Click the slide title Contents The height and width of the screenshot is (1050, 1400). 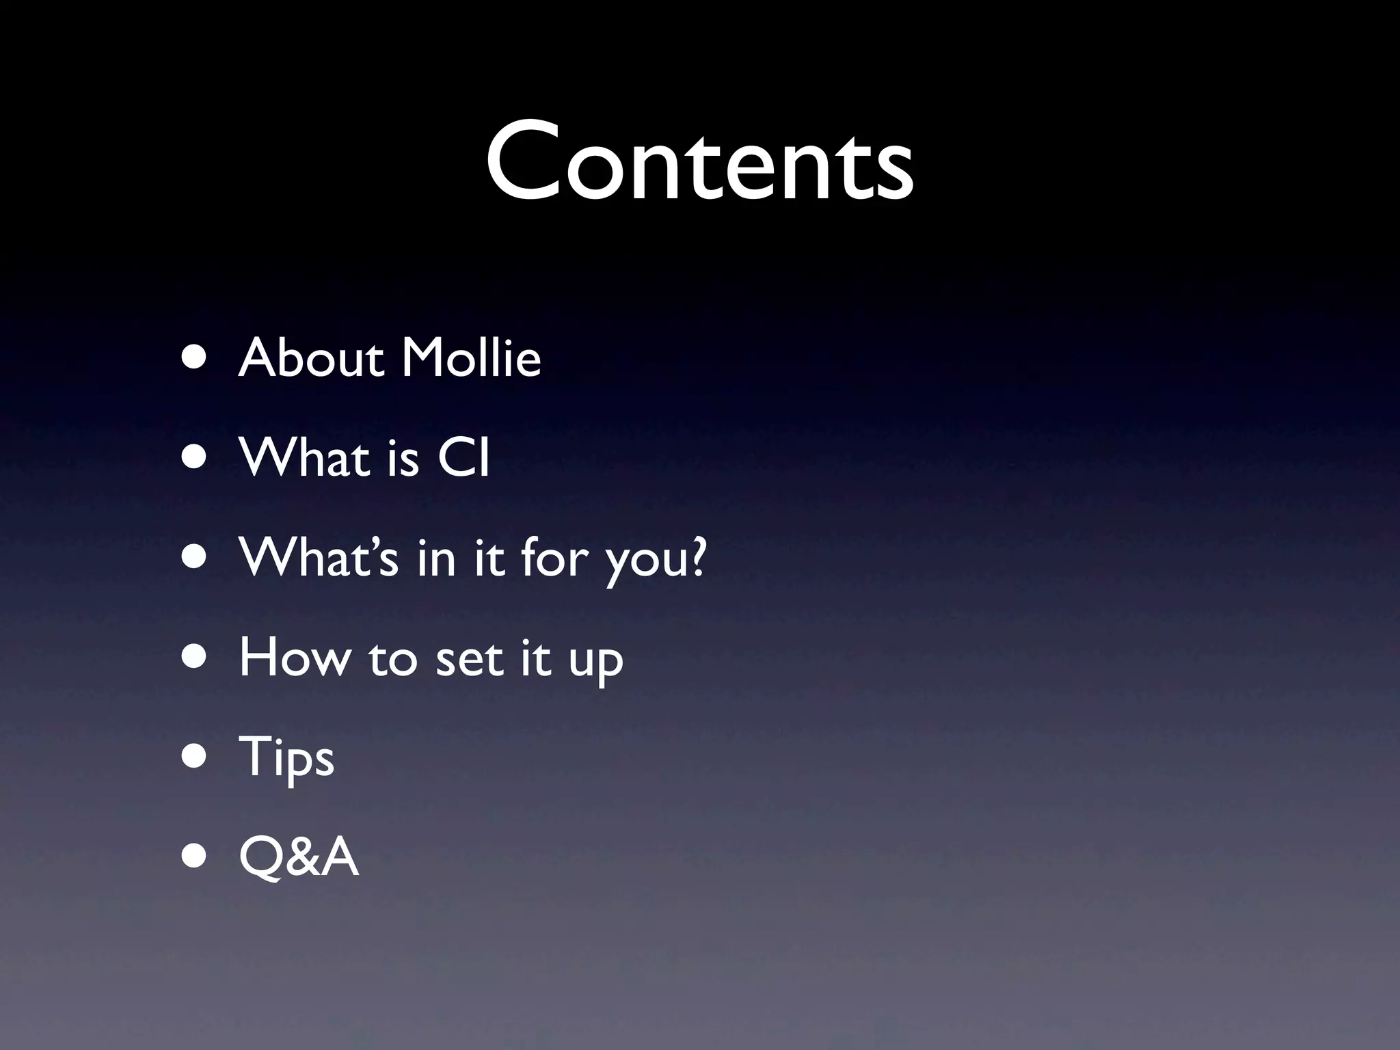(699, 161)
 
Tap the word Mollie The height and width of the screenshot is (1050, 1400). (471, 358)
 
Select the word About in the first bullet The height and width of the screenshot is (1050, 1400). (311, 358)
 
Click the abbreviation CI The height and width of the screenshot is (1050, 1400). (464, 458)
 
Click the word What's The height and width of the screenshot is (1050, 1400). (319, 557)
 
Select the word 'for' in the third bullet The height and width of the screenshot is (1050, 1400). (554, 557)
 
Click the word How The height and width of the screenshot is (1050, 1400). (295, 658)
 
